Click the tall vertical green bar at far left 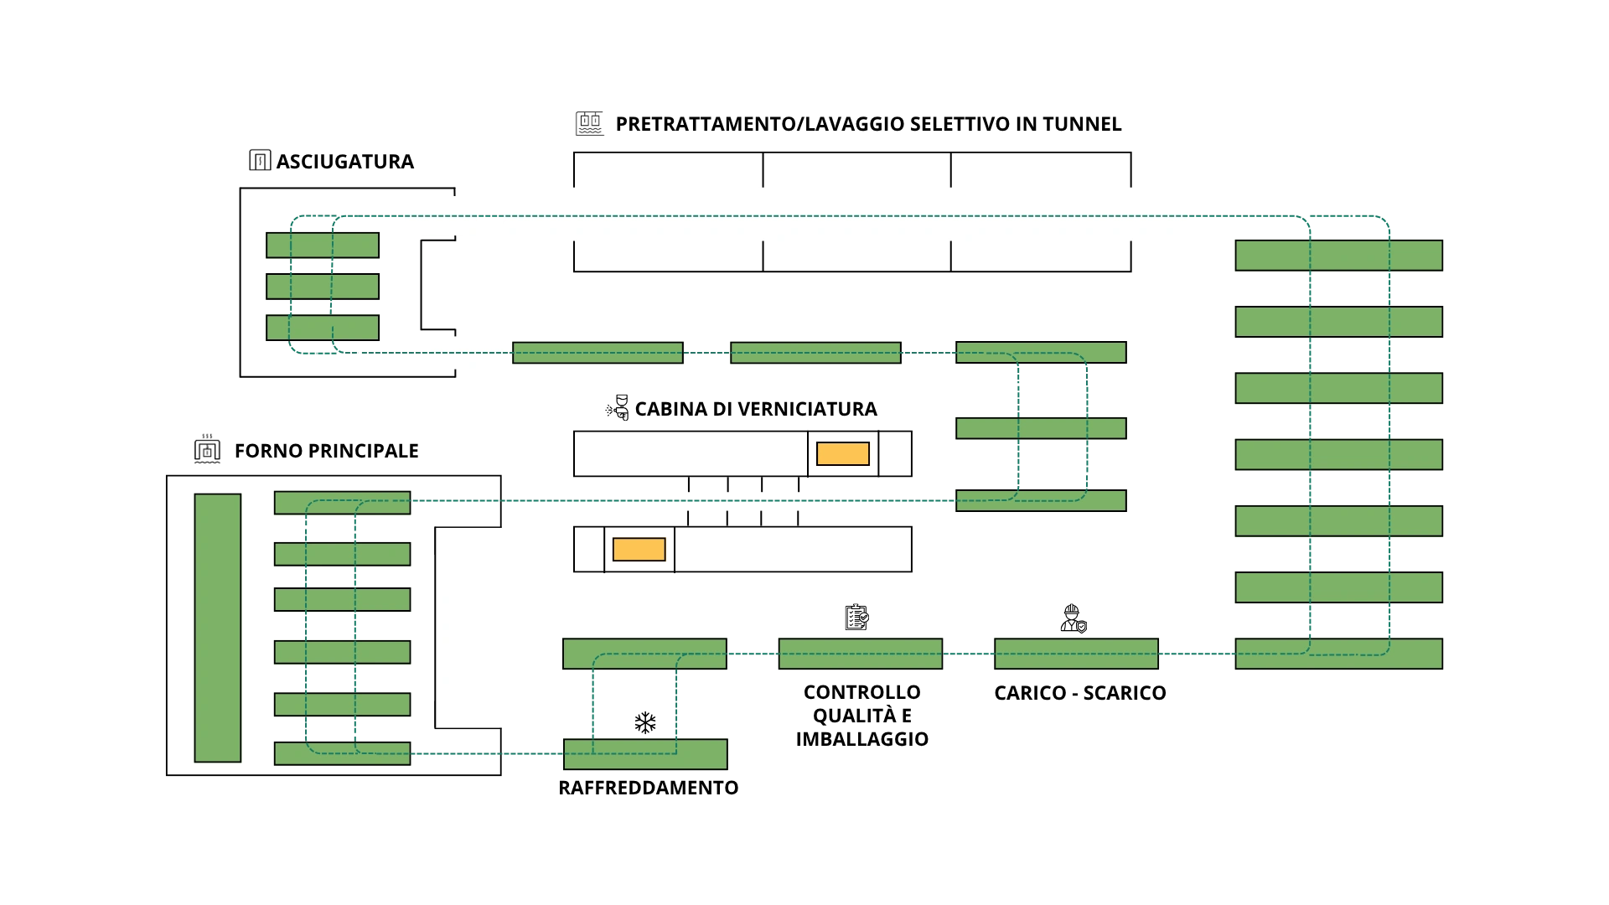tap(217, 628)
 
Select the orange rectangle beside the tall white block tap(639, 550)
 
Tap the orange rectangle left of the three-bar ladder tap(842, 454)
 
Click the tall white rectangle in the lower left tap(489, 626)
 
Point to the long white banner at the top tap(844, 210)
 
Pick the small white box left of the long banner tap(442, 217)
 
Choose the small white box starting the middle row tap(468, 354)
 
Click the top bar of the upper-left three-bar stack tap(323, 245)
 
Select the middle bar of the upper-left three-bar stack tap(323, 287)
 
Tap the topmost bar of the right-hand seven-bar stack tap(1338, 255)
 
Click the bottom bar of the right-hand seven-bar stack tap(1338, 654)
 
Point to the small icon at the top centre tap(587, 123)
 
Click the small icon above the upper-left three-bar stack tap(261, 160)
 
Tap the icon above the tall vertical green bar tap(207, 449)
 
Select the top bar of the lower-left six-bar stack tap(342, 503)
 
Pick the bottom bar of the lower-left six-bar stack tap(342, 753)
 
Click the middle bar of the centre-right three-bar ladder tap(1041, 428)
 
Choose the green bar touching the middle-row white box tap(597, 353)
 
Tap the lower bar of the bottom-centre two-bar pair tap(644, 754)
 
